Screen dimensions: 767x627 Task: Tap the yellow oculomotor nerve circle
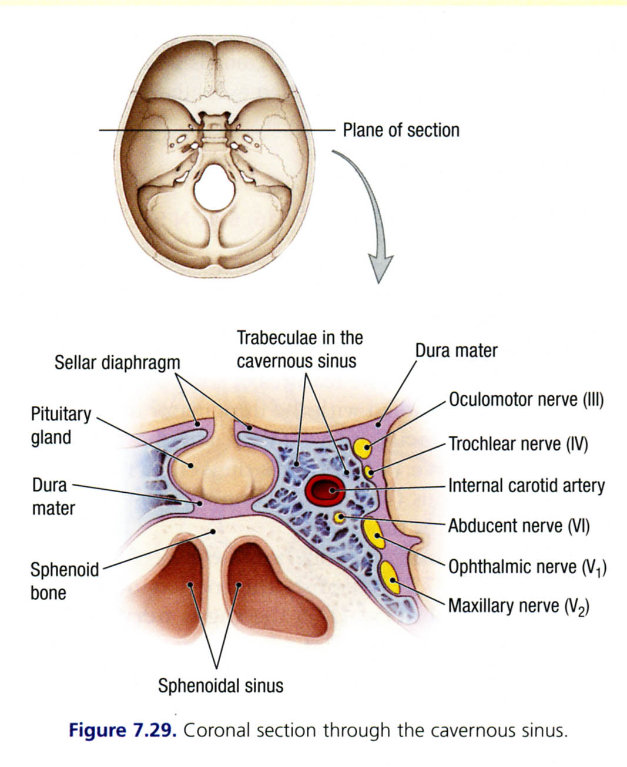click(365, 449)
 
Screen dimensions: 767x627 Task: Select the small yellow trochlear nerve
click(369, 471)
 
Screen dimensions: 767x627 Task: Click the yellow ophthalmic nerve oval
click(373, 533)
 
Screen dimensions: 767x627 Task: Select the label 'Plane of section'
click(401, 130)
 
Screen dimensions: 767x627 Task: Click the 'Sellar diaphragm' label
click(117, 362)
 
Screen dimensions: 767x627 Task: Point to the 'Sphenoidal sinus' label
click(220, 685)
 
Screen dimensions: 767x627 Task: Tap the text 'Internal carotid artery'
click(526, 486)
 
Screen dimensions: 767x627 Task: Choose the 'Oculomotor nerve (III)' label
click(526, 400)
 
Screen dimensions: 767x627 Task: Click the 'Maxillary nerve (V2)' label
click(519, 605)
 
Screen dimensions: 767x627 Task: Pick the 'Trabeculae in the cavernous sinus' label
click(299, 349)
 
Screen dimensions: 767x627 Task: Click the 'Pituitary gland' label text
click(60, 426)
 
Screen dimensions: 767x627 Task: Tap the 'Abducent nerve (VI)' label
click(519, 526)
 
